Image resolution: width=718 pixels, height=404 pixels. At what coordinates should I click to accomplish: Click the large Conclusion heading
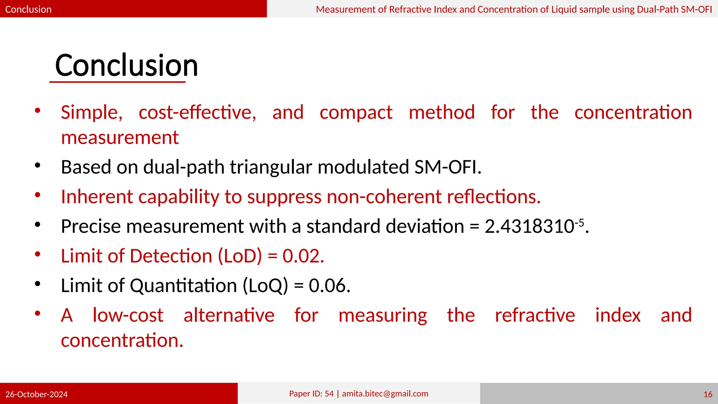[x=127, y=66]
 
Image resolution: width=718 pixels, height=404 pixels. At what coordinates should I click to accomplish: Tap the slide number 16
[x=707, y=394]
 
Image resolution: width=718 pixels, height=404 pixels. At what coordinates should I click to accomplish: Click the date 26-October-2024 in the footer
[x=36, y=394]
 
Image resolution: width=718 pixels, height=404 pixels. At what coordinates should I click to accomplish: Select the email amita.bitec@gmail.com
[x=385, y=393]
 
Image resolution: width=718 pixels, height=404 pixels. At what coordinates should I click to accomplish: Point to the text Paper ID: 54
[x=311, y=393]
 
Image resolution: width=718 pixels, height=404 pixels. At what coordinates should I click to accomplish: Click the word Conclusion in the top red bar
[x=28, y=9]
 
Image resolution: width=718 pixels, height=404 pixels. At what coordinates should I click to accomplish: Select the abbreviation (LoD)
[x=240, y=256]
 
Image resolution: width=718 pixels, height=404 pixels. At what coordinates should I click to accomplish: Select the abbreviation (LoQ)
[x=265, y=285]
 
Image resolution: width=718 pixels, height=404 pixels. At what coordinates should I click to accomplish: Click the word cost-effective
[x=197, y=113]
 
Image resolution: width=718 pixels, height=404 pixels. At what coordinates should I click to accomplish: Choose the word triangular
[x=271, y=167]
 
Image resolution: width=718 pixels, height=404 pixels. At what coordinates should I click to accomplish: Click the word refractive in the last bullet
[x=535, y=315]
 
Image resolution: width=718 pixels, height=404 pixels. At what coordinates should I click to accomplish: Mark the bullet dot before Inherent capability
[x=38, y=195]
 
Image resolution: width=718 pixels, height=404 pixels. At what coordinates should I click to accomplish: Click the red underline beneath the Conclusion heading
[x=117, y=82]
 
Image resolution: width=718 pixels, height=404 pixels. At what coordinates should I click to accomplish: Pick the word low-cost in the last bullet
[x=128, y=315]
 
